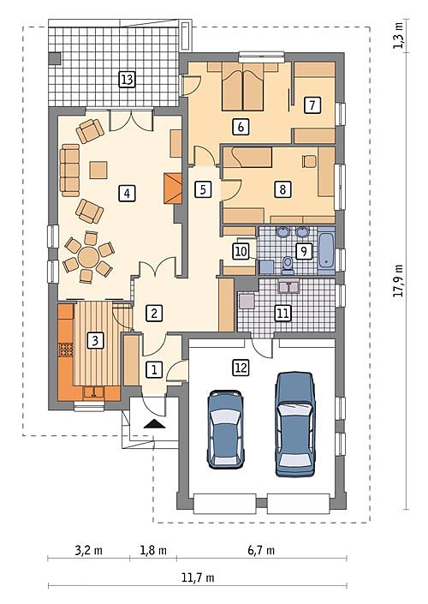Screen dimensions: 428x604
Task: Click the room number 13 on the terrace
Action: point(127,81)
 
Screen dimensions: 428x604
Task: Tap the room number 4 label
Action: point(127,193)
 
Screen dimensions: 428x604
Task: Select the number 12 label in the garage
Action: point(241,368)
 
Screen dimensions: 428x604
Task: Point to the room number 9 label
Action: point(303,251)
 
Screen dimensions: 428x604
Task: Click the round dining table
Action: point(89,257)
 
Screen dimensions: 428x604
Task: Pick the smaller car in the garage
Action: point(226,429)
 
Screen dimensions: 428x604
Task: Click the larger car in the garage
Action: point(295,424)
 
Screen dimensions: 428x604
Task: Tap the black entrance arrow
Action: point(155,424)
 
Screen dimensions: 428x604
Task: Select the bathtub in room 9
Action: point(326,250)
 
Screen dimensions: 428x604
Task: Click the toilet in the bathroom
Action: point(287,265)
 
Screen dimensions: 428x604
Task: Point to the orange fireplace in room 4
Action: point(173,188)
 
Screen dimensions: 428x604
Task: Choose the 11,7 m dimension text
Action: point(198,577)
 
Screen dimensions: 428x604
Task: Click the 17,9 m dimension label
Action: point(398,280)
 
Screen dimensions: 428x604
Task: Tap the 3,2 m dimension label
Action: point(88,550)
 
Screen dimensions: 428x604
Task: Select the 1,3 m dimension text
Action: point(398,35)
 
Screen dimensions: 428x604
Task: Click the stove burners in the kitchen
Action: point(66,350)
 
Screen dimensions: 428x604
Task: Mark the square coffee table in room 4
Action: point(98,170)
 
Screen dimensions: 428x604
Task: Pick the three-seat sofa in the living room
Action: point(70,170)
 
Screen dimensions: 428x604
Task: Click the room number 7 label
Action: point(312,105)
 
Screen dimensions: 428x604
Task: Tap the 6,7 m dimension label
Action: point(261,550)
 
